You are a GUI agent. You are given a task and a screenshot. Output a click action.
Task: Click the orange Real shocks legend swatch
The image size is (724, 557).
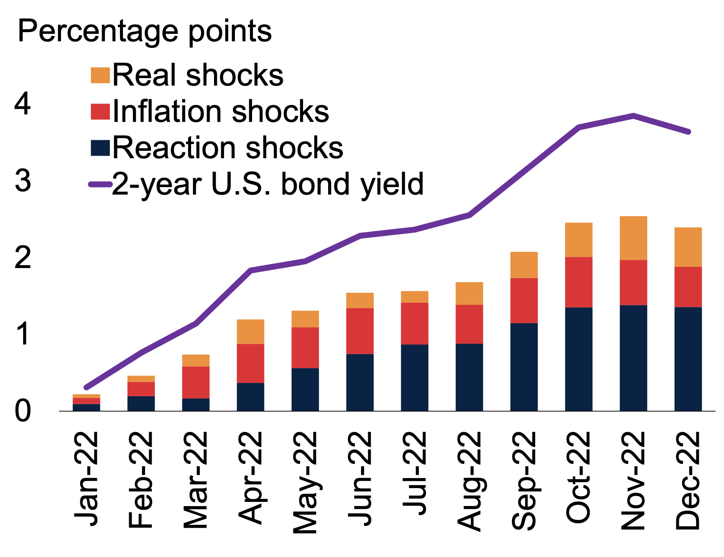point(100,76)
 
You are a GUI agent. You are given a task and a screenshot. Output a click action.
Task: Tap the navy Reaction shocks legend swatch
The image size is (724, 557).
point(100,148)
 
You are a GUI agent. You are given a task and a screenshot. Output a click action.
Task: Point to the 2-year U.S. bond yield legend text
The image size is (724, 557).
point(268,184)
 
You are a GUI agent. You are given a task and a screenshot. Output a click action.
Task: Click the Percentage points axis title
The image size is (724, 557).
point(145,31)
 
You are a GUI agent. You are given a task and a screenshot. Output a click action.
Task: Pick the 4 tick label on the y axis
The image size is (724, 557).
point(23,104)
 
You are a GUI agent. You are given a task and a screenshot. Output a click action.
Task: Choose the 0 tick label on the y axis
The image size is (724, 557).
point(23,411)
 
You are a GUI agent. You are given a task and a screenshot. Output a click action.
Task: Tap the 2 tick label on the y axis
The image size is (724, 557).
point(23,258)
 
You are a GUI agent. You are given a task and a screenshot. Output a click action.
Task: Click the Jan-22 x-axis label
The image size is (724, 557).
point(87,479)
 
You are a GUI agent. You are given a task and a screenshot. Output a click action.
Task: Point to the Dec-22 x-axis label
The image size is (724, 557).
point(688,480)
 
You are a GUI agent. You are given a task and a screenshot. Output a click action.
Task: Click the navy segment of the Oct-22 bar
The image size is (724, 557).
point(579,359)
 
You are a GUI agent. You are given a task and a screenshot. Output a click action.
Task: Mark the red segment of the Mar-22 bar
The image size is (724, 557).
point(196,382)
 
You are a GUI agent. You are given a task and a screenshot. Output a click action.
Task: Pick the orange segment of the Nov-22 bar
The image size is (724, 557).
point(633,238)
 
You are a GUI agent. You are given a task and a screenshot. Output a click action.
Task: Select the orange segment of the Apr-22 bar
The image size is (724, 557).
point(250,332)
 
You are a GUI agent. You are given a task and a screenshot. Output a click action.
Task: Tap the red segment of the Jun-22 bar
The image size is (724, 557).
point(360,331)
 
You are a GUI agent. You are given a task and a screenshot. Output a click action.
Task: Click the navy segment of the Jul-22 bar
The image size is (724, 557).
point(415,377)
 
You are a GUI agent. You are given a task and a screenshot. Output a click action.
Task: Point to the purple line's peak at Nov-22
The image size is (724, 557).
point(633,116)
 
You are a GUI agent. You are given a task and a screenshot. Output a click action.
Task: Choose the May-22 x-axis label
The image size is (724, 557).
point(305,483)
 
